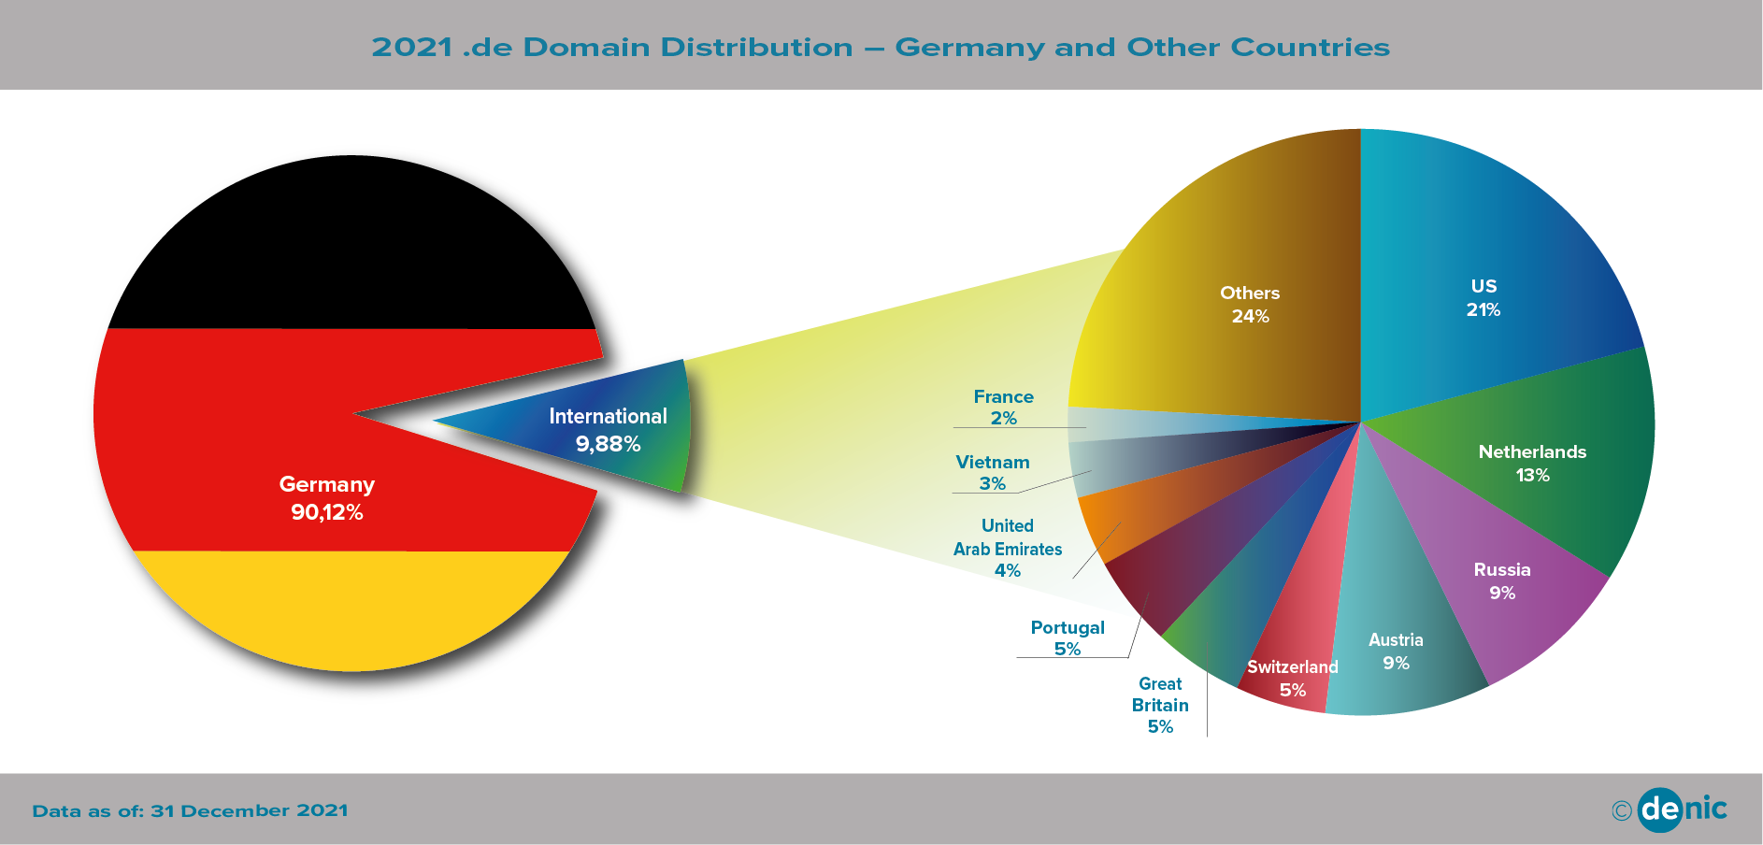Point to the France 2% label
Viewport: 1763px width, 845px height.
point(1003,408)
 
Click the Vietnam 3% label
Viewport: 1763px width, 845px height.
point(993,473)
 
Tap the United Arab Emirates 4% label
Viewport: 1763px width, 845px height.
point(1008,549)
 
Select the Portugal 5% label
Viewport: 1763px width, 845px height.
point(1068,638)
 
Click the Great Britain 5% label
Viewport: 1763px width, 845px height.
point(1160,706)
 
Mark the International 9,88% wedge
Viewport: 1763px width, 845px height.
point(608,429)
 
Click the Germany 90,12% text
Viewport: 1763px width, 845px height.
point(327,498)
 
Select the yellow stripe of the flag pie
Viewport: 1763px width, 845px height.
point(353,608)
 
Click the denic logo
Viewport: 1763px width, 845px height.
point(1683,809)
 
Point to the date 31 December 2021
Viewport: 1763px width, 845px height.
point(250,811)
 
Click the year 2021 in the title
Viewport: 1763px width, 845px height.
point(412,48)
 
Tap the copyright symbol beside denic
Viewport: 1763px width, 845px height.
point(1622,810)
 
